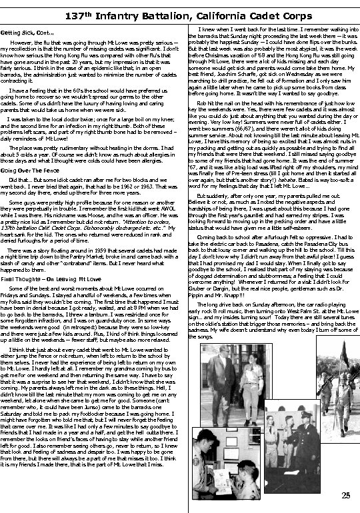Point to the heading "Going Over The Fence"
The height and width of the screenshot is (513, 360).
34,171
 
